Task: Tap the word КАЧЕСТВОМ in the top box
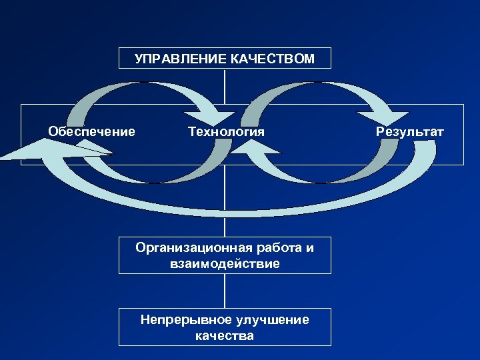273,59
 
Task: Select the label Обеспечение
91,131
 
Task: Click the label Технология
227,131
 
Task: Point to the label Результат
409,131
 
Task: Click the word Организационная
193,249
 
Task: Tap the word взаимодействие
225,263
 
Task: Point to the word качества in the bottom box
225,335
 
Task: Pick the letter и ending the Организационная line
309,249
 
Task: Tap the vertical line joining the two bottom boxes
225,291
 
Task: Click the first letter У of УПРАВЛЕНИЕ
138,59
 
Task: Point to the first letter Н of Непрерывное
145,320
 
